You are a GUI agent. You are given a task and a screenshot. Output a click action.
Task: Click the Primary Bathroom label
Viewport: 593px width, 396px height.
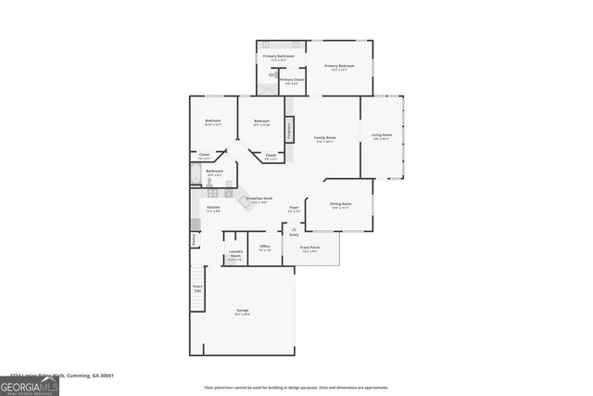point(279,57)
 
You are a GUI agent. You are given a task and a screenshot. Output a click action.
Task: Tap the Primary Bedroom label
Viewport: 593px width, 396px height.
point(339,67)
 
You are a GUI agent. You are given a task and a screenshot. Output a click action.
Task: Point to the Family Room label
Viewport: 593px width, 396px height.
point(324,139)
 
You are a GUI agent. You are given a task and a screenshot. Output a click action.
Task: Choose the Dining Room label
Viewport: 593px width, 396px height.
point(340,205)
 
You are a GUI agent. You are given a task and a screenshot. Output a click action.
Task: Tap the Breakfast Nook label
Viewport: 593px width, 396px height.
point(259,199)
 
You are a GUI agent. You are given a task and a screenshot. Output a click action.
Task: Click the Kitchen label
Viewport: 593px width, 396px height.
point(213,209)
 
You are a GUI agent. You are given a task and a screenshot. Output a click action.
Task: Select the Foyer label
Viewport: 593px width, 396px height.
point(294,210)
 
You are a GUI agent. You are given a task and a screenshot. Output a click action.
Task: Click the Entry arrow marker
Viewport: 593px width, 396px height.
point(295,228)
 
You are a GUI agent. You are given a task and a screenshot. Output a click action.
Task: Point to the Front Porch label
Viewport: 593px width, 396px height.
point(309,249)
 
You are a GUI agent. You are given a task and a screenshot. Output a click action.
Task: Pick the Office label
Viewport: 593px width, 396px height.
point(265,248)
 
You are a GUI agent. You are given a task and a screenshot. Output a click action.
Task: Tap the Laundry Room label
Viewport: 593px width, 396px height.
point(235,257)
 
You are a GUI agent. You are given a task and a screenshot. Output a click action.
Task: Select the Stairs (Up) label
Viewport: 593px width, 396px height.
point(197,288)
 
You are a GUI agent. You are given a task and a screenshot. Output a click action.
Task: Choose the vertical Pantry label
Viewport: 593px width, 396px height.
point(195,239)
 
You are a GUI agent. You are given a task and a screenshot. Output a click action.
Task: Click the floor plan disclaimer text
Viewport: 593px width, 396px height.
point(296,387)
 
